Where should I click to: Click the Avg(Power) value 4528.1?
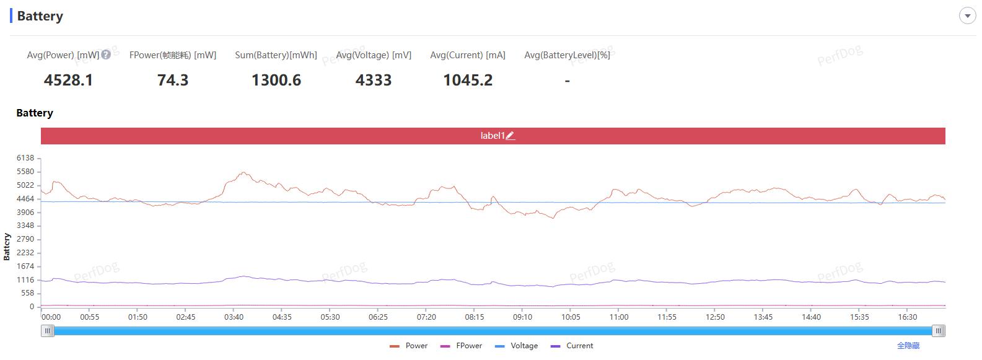coord(68,80)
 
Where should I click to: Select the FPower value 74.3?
coord(173,80)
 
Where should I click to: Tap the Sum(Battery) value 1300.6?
coord(276,80)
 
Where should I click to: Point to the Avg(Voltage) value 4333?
coord(374,80)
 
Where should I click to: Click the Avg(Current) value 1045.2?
coord(468,80)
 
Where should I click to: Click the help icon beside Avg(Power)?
coord(106,54)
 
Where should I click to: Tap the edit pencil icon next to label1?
coord(511,136)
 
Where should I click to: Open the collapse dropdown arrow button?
coord(967,16)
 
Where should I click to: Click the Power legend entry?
coord(409,346)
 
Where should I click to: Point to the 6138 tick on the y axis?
coord(25,158)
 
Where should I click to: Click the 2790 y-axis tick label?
coord(25,239)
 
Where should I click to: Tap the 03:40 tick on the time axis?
coord(234,317)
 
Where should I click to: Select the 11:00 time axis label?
coord(618,317)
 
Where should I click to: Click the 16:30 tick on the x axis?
coord(907,317)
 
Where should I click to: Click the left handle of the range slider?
coord(48,331)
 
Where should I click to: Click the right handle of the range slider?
coord(939,331)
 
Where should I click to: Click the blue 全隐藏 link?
coord(908,346)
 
